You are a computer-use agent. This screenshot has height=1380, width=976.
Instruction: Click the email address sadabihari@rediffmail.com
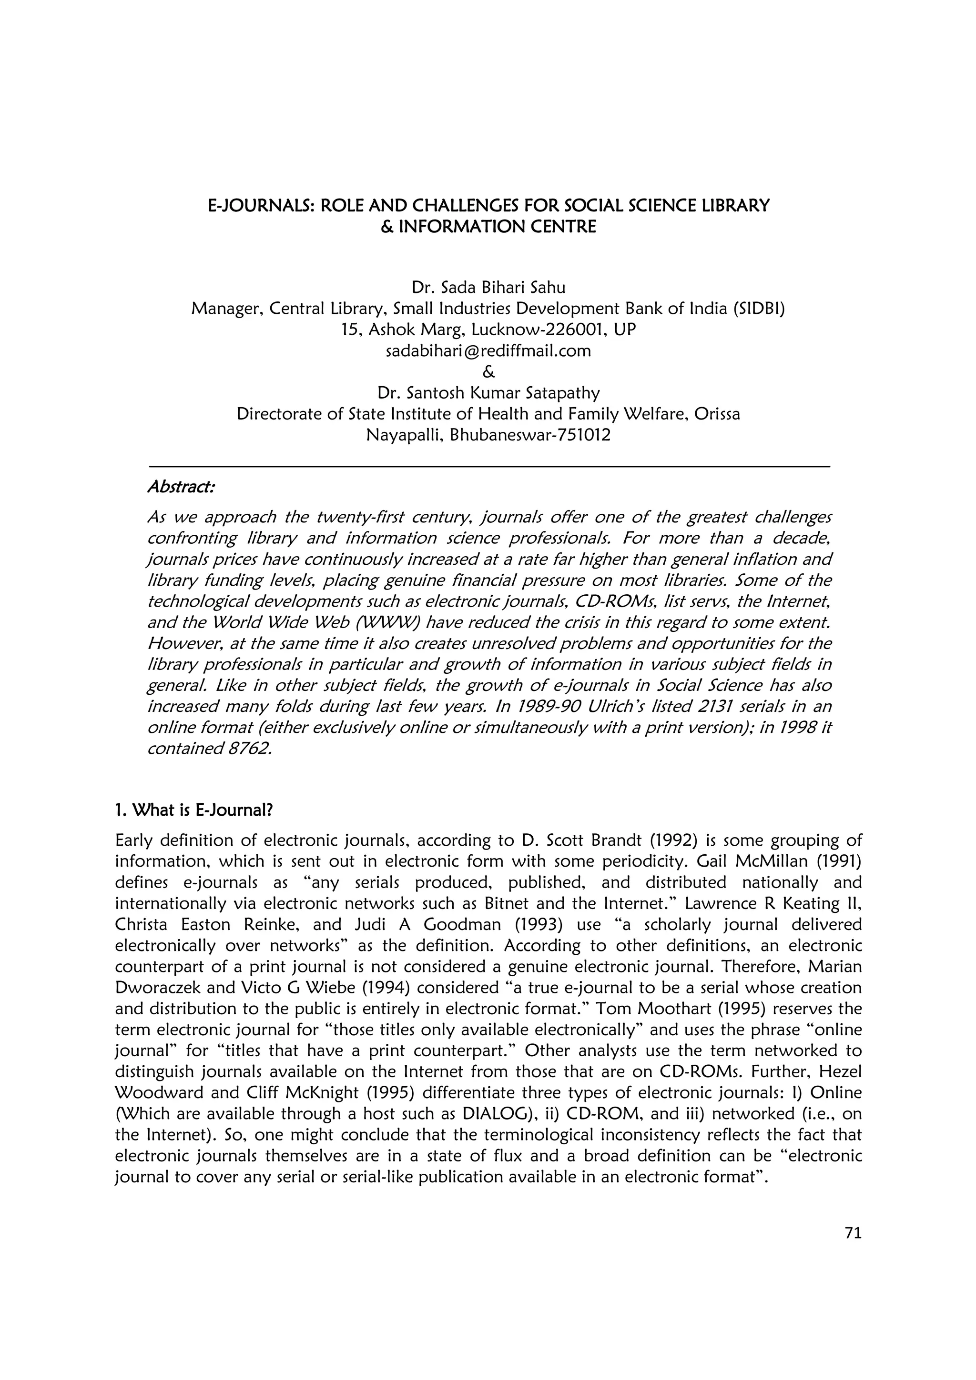[x=488, y=351]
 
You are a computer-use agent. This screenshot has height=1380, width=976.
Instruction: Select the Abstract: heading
[x=181, y=486]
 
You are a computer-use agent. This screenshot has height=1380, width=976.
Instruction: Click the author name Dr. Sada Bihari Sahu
[x=488, y=287]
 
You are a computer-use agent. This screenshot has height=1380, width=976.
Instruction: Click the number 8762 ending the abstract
[x=245, y=749]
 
